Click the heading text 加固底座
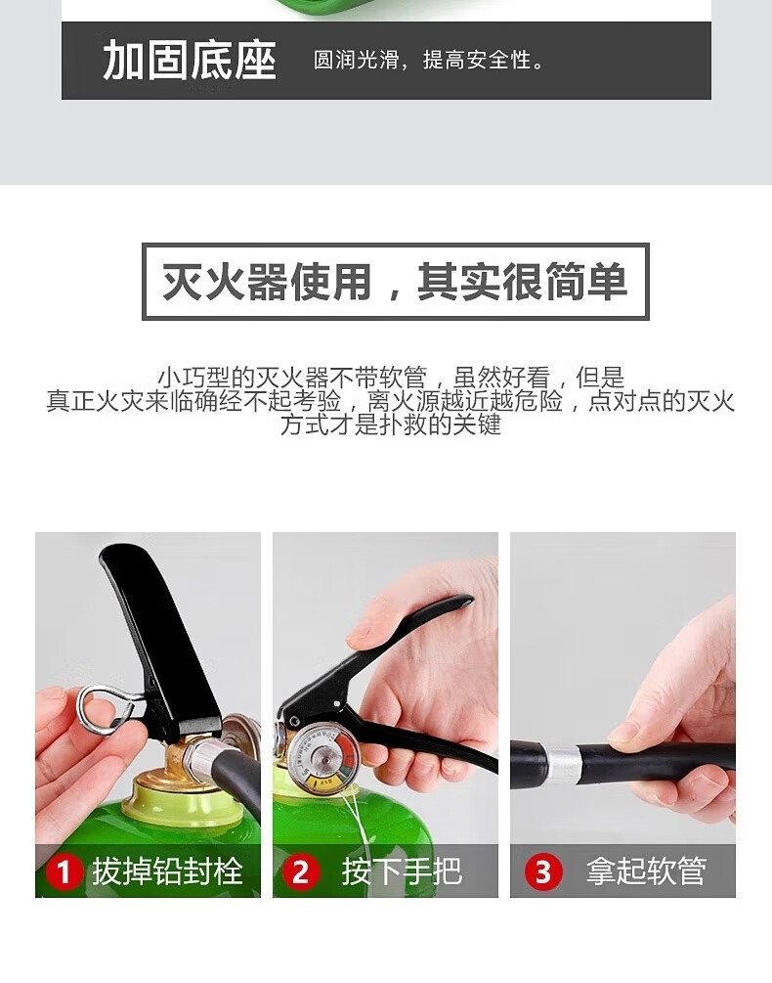[x=190, y=61]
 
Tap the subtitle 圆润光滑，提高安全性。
[x=430, y=61]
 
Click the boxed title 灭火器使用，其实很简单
[x=395, y=282]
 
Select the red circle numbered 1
[x=64, y=871]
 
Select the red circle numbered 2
[x=301, y=871]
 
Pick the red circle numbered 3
[x=543, y=871]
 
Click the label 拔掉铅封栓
[x=167, y=871]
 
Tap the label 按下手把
[x=402, y=871]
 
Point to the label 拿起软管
[x=646, y=871]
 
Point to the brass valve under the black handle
[x=186, y=755]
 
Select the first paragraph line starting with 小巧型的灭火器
[x=391, y=378]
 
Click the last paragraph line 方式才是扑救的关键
[x=391, y=424]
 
